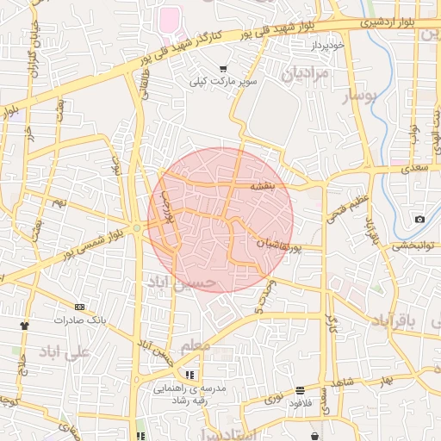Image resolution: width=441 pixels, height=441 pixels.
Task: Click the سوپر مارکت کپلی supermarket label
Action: click(x=224, y=82)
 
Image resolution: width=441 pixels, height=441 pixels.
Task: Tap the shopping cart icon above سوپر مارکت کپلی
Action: click(x=224, y=68)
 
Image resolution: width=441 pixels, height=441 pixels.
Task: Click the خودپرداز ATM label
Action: click(x=328, y=44)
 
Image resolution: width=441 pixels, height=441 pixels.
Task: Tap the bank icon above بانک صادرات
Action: click(x=80, y=307)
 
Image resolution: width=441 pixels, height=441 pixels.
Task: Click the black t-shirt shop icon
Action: click(x=24, y=326)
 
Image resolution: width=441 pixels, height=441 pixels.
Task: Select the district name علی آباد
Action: click(x=65, y=352)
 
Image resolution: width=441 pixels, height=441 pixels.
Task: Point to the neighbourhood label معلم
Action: click(x=196, y=346)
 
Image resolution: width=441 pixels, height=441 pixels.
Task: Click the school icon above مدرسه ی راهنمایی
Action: click(x=189, y=375)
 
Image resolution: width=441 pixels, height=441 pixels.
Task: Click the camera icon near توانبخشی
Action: click(x=419, y=219)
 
